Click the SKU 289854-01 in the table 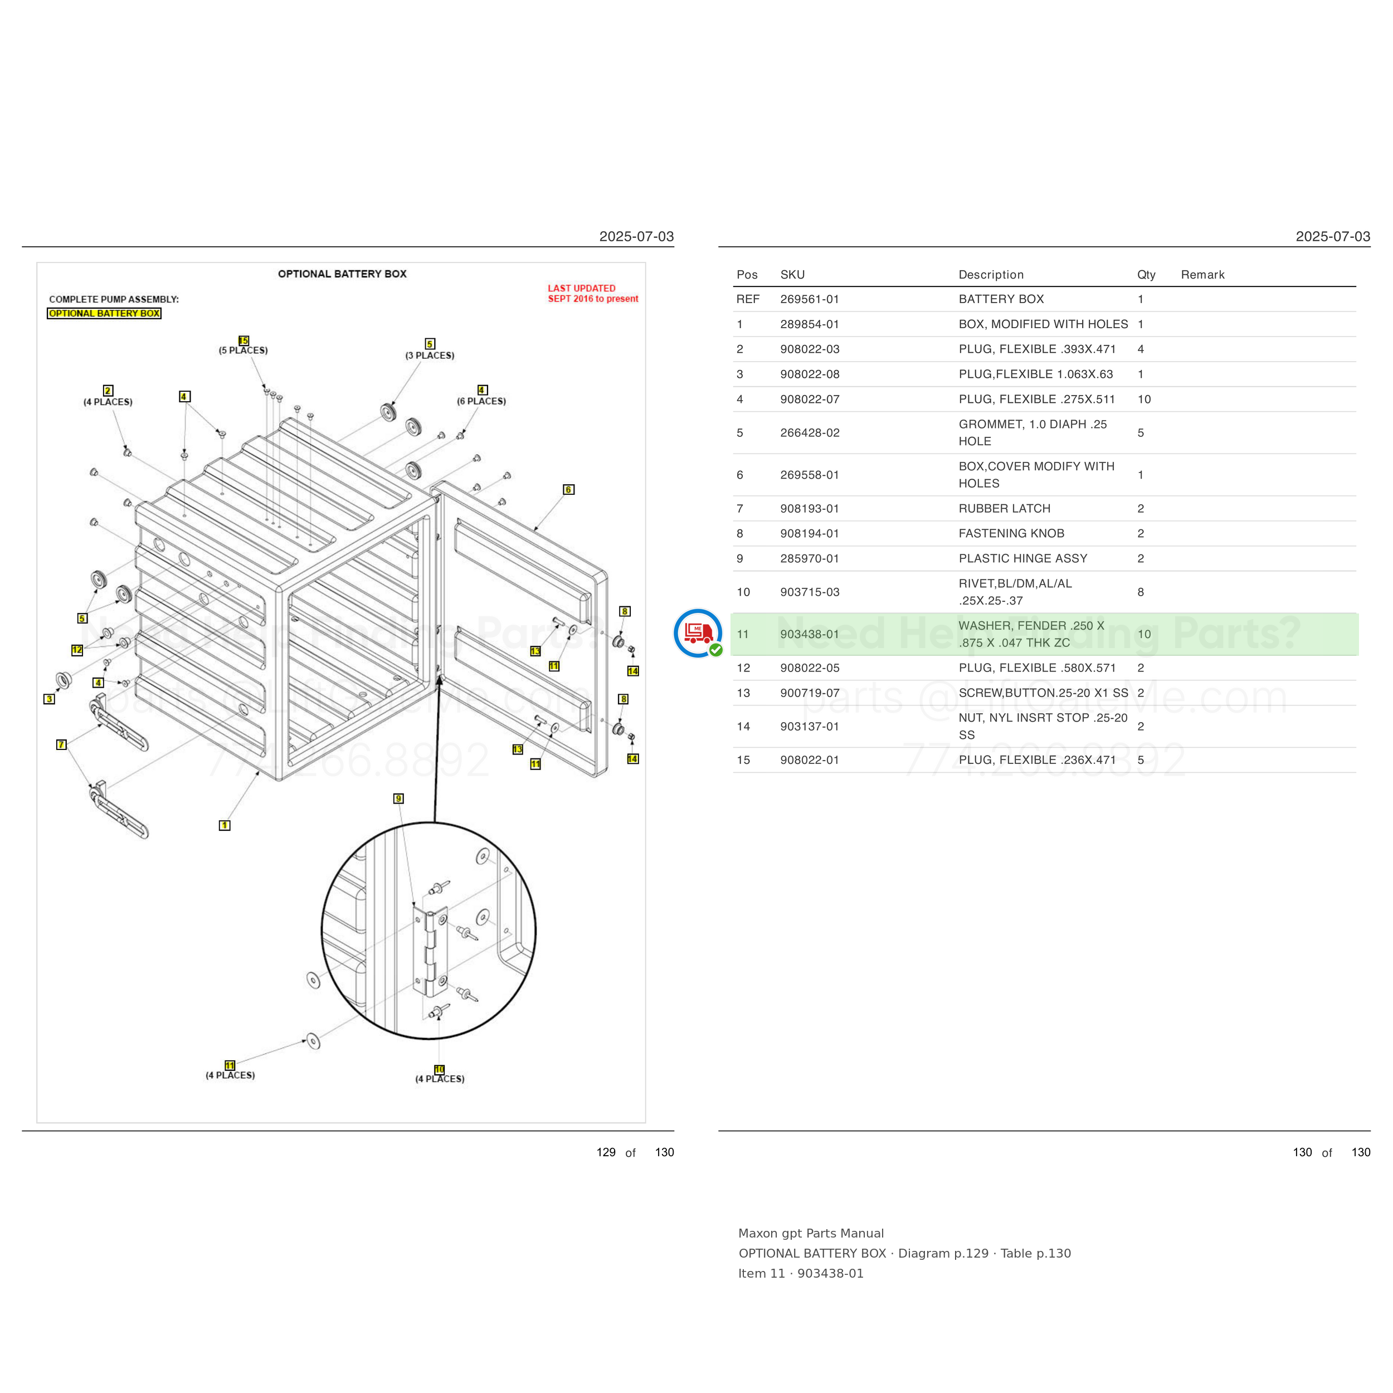point(809,324)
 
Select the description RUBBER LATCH point(1005,508)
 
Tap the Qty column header point(1146,275)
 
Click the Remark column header point(1202,275)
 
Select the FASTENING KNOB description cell point(1011,534)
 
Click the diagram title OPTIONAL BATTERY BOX point(343,274)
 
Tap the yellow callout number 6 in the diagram point(568,490)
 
